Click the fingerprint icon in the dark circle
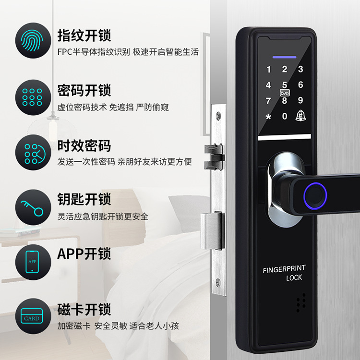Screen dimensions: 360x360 click(x=32, y=40)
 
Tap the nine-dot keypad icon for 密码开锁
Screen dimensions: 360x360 click(x=32, y=97)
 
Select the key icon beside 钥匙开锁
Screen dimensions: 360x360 click(x=32, y=208)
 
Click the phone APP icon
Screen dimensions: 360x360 click(x=32, y=262)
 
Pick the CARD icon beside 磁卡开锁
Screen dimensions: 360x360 click(x=32, y=316)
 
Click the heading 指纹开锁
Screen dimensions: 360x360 click(x=84, y=36)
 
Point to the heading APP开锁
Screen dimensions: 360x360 click(x=84, y=254)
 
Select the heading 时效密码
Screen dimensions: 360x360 click(x=84, y=146)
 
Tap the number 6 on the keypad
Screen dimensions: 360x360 click(x=300, y=84)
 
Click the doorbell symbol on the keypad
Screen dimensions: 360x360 click(x=300, y=116)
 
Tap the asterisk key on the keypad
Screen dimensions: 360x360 click(x=268, y=117)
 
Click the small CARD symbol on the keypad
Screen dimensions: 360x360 click(x=285, y=93)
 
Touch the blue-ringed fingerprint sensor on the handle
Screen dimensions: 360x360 click(x=315, y=196)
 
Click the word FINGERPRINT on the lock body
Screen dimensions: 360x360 click(x=284, y=269)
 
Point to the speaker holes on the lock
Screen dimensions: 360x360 click(x=301, y=302)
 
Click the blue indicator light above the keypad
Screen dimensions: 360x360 click(x=284, y=57)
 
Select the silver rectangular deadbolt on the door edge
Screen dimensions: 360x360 click(x=212, y=231)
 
